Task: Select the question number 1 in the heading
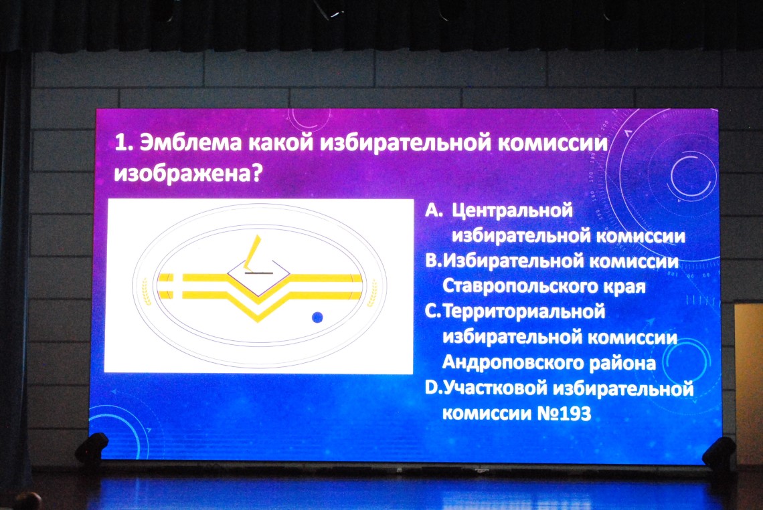122,143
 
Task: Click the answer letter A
434,210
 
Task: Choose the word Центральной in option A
513,211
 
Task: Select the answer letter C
432,311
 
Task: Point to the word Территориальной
524,311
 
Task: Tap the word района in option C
623,363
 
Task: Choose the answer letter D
432,388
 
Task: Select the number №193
564,414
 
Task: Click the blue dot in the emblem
317,317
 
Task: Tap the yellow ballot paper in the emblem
253,252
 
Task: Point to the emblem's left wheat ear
146,291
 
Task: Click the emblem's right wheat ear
372,292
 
